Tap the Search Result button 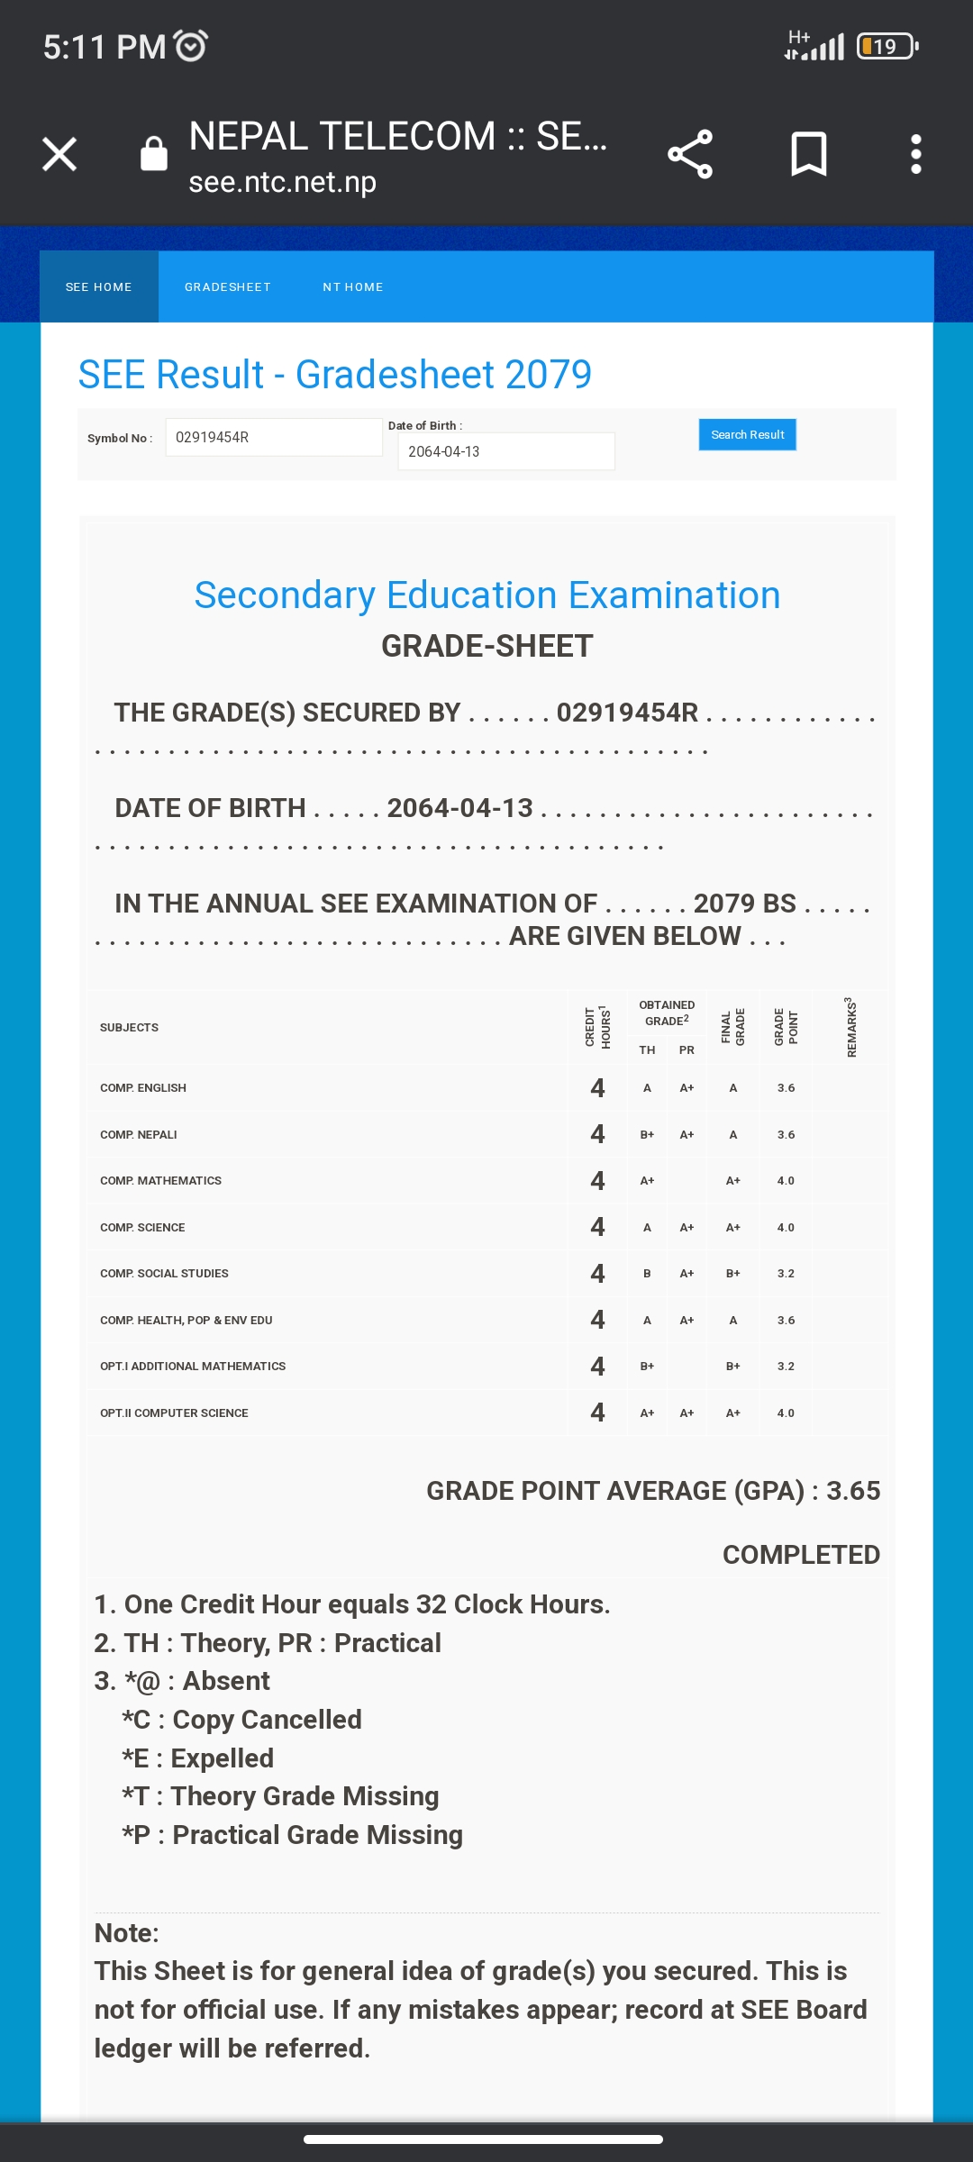tap(747, 435)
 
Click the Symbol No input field tap(274, 438)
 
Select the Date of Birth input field tap(505, 451)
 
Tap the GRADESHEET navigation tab tap(228, 287)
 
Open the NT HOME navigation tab tap(353, 287)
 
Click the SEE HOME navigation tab tap(99, 287)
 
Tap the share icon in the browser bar tap(690, 154)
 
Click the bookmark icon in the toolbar tap(808, 154)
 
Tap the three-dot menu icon tap(915, 154)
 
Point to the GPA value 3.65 tap(853, 1491)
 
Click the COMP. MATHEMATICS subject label tap(160, 1181)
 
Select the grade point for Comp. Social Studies tap(786, 1274)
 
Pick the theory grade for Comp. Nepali tap(647, 1135)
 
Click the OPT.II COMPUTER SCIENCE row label tap(174, 1413)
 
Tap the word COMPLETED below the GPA tap(801, 1555)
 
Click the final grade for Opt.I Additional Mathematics tap(733, 1367)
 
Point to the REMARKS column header tap(851, 1027)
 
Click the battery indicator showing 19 tap(887, 46)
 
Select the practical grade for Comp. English tap(687, 1088)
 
